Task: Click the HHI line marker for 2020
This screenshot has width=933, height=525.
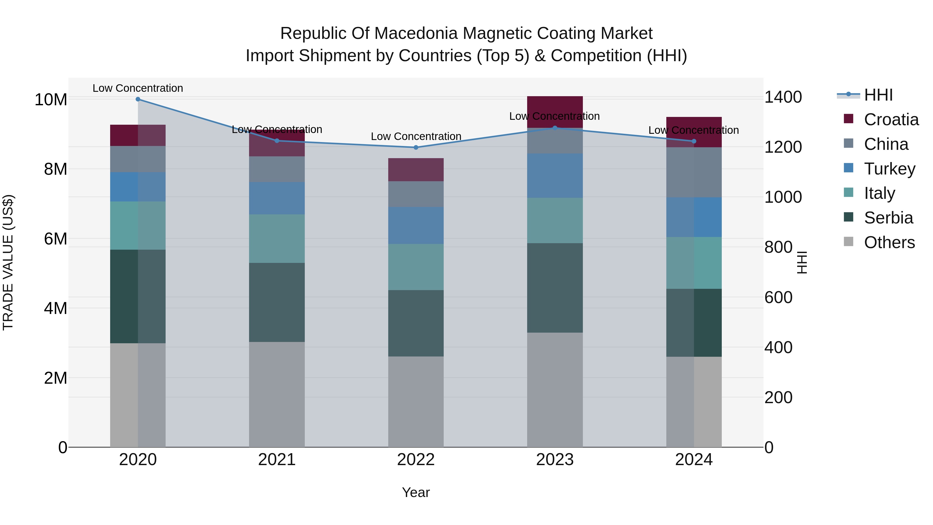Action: pos(138,99)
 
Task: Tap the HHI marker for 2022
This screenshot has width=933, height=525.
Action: pos(416,148)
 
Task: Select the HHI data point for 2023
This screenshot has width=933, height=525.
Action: pos(555,128)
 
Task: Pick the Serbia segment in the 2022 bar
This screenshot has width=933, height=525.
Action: pos(416,323)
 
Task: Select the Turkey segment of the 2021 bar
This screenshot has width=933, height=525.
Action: pos(277,198)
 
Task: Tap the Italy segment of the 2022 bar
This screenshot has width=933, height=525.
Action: pos(416,267)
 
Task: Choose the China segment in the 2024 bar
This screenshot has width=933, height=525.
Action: pos(694,172)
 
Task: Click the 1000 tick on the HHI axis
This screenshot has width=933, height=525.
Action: pos(783,198)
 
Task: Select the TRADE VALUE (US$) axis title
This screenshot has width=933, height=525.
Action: pos(8,262)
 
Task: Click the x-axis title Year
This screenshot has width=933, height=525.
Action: pos(416,492)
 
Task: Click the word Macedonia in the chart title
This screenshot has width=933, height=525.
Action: pos(418,33)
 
